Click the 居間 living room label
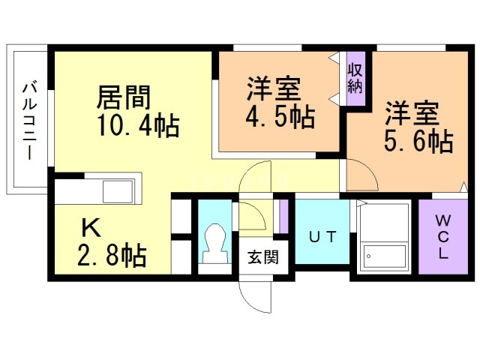pyautogui.click(x=123, y=97)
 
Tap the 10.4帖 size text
pyautogui.click(x=138, y=125)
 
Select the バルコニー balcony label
pyautogui.click(x=30, y=121)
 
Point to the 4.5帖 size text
pyautogui.click(x=280, y=117)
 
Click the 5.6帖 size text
pyautogui.click(x=418, y=141)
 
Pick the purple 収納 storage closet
pyautogui.click(x=355, y=78)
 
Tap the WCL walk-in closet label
pyautogui.click(x=443, y=237)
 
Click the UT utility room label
pyautogui.click(x=322, y=237)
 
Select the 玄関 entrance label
pyautogui.click(x=263, y=256)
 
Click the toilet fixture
pyautogui.click(x=215, y=244)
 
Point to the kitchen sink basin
pyautogui.click(x=118, y=191)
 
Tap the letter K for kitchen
pyautogui.click(x=91, y=228)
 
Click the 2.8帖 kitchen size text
pyautogui.click(x=112, y=255)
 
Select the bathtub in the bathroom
pyautogui.click(x=385, y=256)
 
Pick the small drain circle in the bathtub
pyautogui.click(x=368, y=256)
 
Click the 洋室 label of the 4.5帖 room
pyautogui.click(x=273, y=89)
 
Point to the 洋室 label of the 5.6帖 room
pyautogui.click(x=412, y=113)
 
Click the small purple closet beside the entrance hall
pyautogui.click(x=284, y=217)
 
